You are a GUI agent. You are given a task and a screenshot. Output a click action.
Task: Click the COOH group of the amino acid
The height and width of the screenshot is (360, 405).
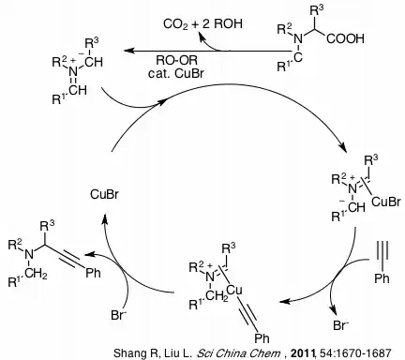(x=345, y=38)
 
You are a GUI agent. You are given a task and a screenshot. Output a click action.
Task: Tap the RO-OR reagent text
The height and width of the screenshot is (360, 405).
(x=177, y=60)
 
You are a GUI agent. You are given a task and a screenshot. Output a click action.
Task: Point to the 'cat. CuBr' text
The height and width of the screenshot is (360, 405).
(x=176, y=73)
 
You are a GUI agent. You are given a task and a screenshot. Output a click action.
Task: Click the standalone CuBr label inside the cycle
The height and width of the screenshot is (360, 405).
(x=104, y=194)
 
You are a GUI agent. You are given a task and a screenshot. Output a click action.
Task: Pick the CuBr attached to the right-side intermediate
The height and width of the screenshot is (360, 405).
(x=386, y=202)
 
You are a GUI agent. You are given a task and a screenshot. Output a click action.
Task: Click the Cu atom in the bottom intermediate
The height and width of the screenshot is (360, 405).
(x=234, y=291)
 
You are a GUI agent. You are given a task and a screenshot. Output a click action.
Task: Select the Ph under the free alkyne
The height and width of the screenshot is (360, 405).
(x=382, y=277)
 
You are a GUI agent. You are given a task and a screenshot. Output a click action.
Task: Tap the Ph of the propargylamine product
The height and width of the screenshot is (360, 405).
(x=94, y=273)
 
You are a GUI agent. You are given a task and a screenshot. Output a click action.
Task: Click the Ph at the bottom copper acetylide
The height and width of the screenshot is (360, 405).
(x=262, y=337)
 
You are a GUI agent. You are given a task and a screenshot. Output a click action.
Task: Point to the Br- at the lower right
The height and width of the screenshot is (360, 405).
(x=340, y=325)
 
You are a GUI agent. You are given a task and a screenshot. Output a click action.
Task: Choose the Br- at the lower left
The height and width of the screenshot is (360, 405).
(x=118, y=315)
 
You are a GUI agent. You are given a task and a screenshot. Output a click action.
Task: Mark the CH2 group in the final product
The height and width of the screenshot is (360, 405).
(x=37, y=274)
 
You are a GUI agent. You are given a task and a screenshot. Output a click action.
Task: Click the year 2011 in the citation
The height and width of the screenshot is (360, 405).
(x=303, y=353)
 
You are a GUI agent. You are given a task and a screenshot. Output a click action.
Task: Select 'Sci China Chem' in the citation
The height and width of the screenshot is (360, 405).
(x=238, y=353)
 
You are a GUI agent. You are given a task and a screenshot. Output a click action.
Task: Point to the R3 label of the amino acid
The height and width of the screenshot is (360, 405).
(x=317, y=11)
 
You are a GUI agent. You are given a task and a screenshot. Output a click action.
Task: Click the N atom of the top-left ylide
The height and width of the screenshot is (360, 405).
(x=73, y=71)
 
